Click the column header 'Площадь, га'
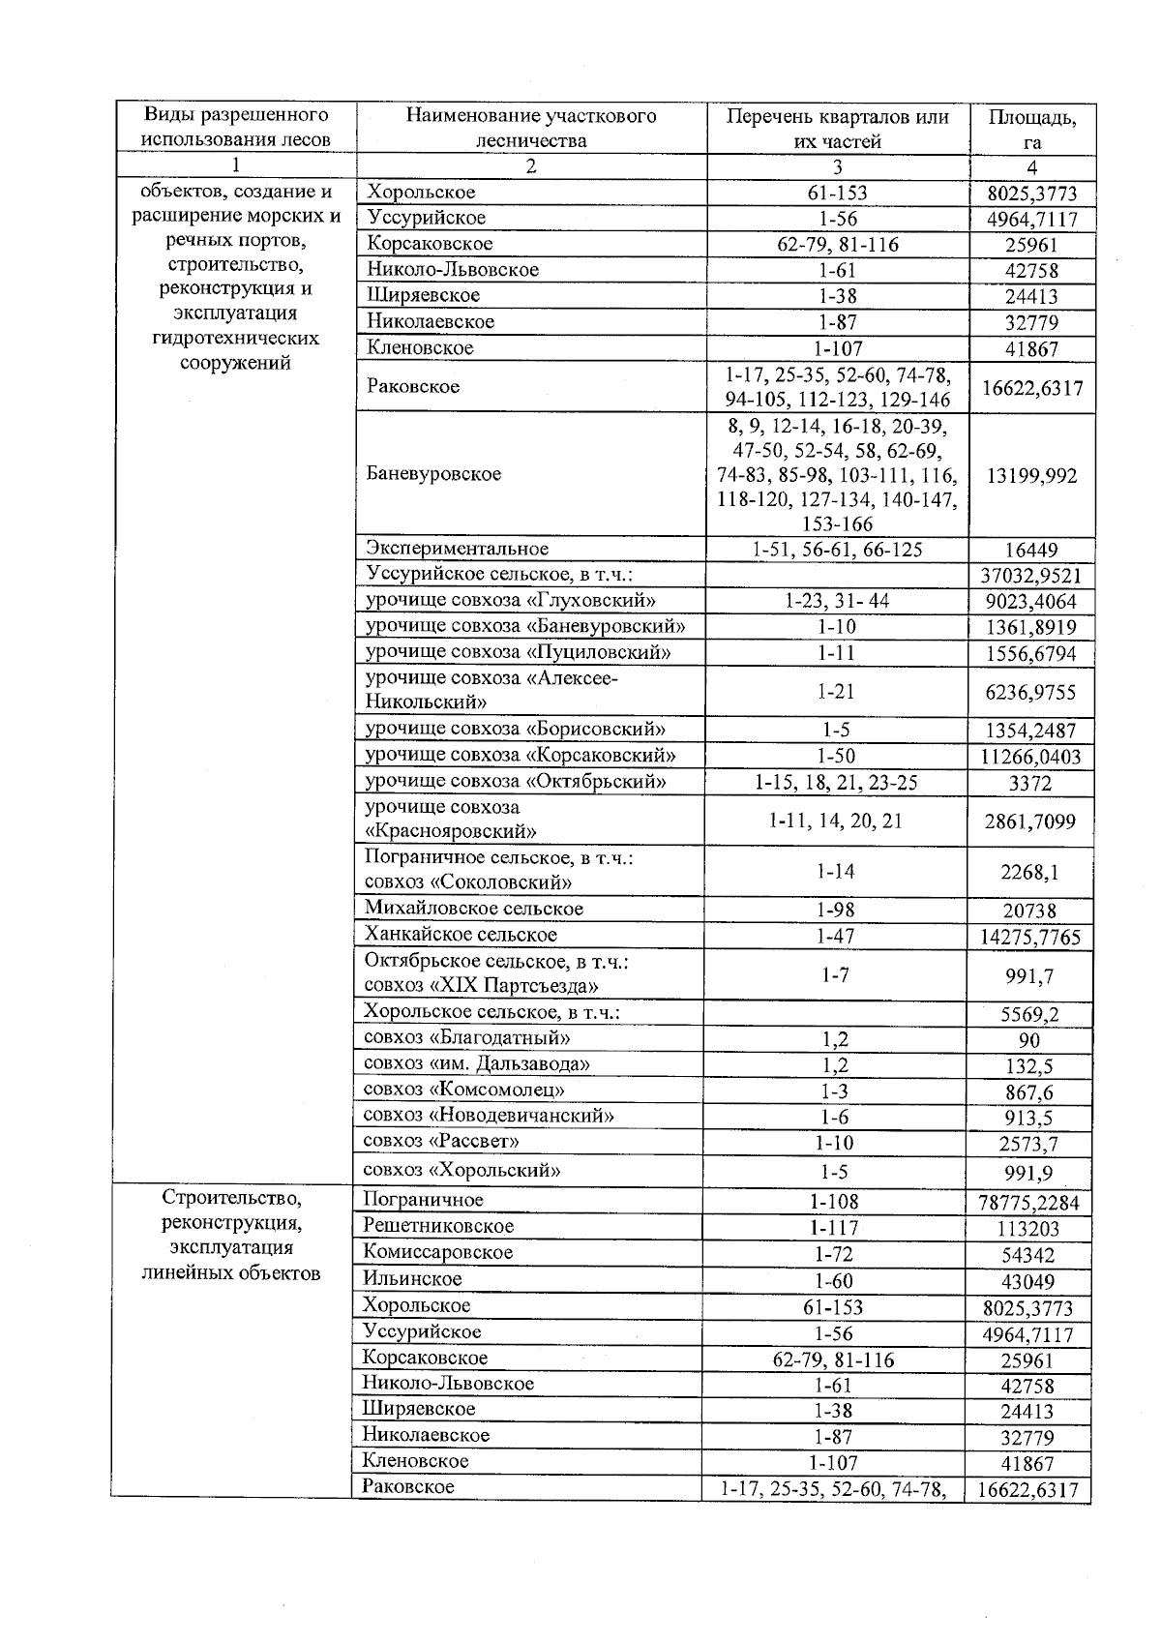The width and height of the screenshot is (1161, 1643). pos(1031,128)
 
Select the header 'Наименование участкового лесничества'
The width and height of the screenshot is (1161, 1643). pos(530,128)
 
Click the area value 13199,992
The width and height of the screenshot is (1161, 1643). pos(1031,475)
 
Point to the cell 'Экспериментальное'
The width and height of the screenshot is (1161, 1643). pos(457,550)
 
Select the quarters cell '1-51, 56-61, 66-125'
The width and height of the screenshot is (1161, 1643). pos(837,550)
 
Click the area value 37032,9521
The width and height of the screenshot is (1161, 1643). pos(1031,576)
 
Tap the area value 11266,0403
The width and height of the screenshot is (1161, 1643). pos(1031,757)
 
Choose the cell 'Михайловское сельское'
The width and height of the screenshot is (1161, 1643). pos(474,909)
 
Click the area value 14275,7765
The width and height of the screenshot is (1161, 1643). pos(1031,937)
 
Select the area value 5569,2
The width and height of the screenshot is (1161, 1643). pos(1031,1015)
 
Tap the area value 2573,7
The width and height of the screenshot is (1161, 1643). pos(1031,1144)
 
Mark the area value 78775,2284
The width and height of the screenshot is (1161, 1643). pos(1031,1203)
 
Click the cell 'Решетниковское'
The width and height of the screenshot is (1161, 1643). pos(438,1227)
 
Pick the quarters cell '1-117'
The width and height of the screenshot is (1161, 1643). pos(836,1228)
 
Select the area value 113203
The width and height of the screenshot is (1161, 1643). pos(1031,1229)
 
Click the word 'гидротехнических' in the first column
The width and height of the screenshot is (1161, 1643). pos(235,339)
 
